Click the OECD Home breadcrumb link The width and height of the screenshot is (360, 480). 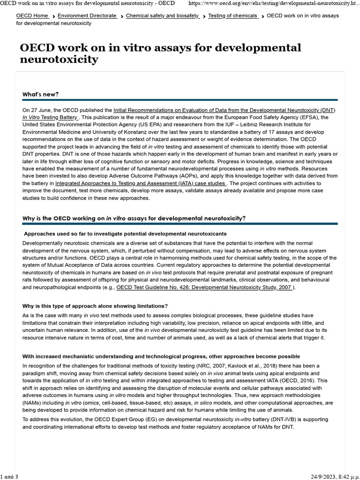tap(32, 16)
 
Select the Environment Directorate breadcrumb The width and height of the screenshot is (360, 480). tap(87, 16)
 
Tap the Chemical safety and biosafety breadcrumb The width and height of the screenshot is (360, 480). tap(162, 16)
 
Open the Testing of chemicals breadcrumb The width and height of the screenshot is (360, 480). tap(232, 16)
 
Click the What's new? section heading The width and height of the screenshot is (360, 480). tap(41, 95)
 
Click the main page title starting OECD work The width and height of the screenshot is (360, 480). tap(160, 53)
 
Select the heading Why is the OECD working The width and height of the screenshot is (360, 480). tap(134, 218)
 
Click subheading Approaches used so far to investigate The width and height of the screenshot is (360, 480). tap(125, 233)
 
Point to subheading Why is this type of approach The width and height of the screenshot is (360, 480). tap(95, 306)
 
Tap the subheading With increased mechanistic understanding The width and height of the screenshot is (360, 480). tap(161, 357)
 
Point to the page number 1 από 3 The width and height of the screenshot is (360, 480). tap(9, 477)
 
